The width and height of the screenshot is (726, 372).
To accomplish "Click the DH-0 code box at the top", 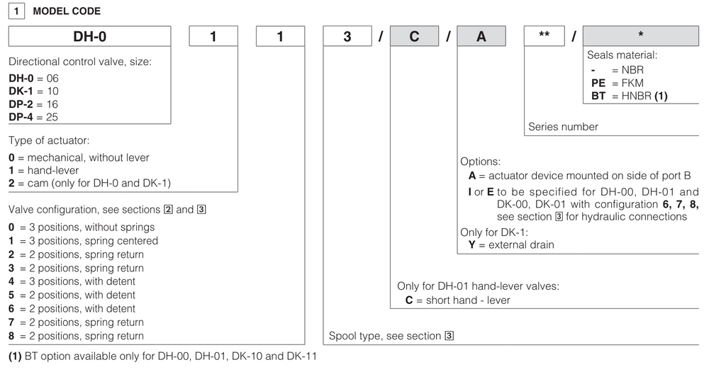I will tap(89, 36).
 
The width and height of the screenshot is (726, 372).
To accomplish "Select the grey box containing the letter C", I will tap(414, 36).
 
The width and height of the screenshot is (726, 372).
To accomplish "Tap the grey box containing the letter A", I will tap(481, 36).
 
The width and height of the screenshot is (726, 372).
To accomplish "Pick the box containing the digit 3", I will tap(347, 36).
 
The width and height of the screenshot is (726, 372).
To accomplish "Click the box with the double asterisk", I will tap(544, 36).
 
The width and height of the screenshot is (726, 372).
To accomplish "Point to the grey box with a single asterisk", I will tap(640, 36).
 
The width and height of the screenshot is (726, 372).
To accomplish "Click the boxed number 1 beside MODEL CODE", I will tap(18, 11).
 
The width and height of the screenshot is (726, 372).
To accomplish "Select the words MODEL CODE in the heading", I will tap(67, 11).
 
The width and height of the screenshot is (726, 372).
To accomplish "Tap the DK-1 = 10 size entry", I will tap(33, 91).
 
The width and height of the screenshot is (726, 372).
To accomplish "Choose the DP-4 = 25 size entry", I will tap(33, 116).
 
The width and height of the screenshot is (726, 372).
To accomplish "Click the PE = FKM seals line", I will tap(617, 82).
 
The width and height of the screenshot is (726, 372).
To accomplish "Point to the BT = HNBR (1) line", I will tap(629, 95).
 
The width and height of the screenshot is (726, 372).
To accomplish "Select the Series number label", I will tap(563, 127).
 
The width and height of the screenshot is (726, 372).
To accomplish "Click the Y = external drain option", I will tap(510, 244).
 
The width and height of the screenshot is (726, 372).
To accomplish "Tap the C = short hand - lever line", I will tap(457, 300).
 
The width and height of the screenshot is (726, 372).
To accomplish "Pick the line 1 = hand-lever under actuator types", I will tap(43, 171).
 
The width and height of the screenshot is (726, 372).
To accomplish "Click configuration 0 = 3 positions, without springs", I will tap(81, 227).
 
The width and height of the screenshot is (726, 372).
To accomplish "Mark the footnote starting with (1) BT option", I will tap(162, 356).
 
